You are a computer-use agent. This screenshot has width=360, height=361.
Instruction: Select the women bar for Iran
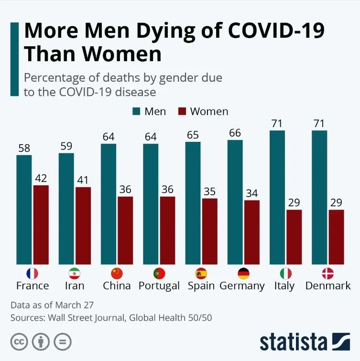coord(83,225)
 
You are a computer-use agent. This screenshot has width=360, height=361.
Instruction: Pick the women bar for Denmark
coord(336,237)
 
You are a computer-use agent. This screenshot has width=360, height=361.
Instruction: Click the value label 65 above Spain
coord(193,134)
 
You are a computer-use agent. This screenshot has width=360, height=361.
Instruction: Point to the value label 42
coord(41,178)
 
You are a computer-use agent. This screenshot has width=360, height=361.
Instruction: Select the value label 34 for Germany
coord(252,193)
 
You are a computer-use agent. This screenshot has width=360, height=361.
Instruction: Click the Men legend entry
coord(149,111)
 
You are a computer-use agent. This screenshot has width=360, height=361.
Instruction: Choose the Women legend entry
coord(203,111)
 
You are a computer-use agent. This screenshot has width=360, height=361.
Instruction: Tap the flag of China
coord(117,274)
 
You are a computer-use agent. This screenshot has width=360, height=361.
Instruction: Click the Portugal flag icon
coord(159,274)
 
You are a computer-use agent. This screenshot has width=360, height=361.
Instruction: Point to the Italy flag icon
coord(285,274)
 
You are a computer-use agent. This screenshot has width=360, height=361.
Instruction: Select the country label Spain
coord(201,286)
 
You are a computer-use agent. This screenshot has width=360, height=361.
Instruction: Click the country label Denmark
coord(328,286)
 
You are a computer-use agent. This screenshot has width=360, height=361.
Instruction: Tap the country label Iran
coord(75,286)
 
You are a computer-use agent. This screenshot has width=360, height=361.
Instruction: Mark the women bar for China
coord(125,230)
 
